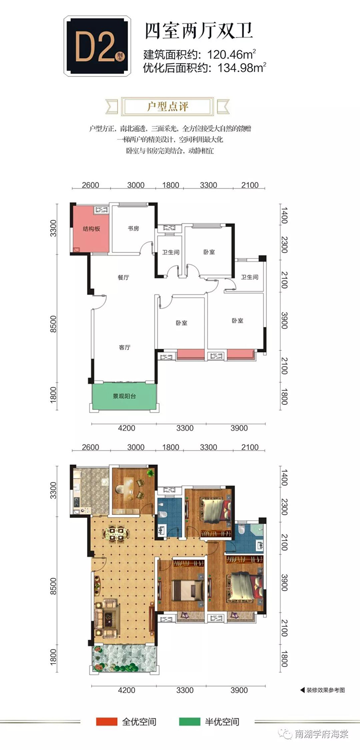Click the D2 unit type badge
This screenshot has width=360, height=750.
[97, 45]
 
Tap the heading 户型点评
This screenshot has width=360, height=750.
[167, 106]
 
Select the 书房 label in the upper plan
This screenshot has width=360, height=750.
[133, 228]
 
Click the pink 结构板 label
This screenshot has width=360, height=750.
[91, 229]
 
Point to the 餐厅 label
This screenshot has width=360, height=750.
[123, 277]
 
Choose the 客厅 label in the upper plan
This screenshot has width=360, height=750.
[124, 347]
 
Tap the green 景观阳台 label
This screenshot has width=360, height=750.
[124, 396]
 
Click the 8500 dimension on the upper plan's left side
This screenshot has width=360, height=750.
[53, 324]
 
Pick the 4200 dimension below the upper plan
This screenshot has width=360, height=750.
[126, 428]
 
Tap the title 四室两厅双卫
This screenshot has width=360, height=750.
[198, 31]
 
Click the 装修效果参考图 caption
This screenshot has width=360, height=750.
[325, 690]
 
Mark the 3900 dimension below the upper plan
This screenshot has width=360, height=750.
[239, 428]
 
